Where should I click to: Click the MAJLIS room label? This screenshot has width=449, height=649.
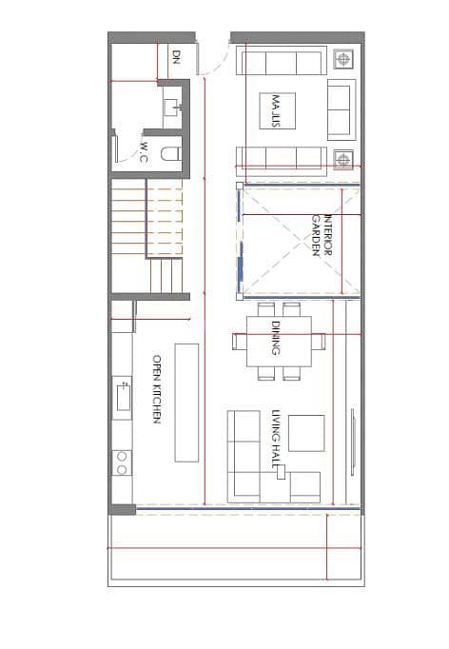[277, 111]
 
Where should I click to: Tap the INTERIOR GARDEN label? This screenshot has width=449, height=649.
[322, 235]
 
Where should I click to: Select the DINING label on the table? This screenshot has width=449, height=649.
[276, 338]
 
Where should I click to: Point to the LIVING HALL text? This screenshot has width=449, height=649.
[276, 439]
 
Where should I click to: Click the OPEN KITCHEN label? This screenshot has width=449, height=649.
[157, 389]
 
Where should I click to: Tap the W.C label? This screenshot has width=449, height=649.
[145, 152]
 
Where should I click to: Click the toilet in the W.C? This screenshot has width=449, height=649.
[170, 154]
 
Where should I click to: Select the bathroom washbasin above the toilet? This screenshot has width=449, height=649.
[173, 108]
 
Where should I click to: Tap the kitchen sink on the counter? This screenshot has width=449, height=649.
[123, 398]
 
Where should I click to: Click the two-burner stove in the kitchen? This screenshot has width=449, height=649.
[122, 462]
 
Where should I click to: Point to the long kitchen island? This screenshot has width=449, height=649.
[186, 403]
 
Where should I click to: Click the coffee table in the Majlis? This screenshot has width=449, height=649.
[277, 111]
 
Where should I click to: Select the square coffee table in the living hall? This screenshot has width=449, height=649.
[306, 433]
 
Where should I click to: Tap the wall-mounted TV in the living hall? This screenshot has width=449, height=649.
[353, 442]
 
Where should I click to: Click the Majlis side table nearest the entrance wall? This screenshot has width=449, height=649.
[343, 59]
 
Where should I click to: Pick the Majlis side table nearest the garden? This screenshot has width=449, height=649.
[343, 159]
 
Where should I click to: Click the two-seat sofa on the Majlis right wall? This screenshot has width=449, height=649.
[342, 110]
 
